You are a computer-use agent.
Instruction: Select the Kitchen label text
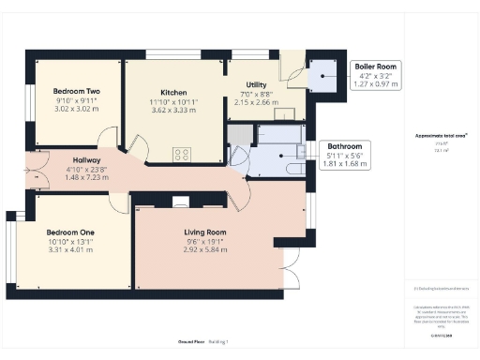pyautogui.click(x=173, y=92)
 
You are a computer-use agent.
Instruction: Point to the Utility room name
pyautogui.click(x=256, y=84)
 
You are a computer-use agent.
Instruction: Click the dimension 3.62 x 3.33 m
pyautogui.click(x=173, y=110)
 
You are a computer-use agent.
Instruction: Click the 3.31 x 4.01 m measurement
pyautogui.click(x=70, y=250)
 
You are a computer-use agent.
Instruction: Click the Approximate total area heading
pyautogui.click(x=442, y=135)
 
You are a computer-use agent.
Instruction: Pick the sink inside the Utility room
pyautogui.click(x=279, y=114)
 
